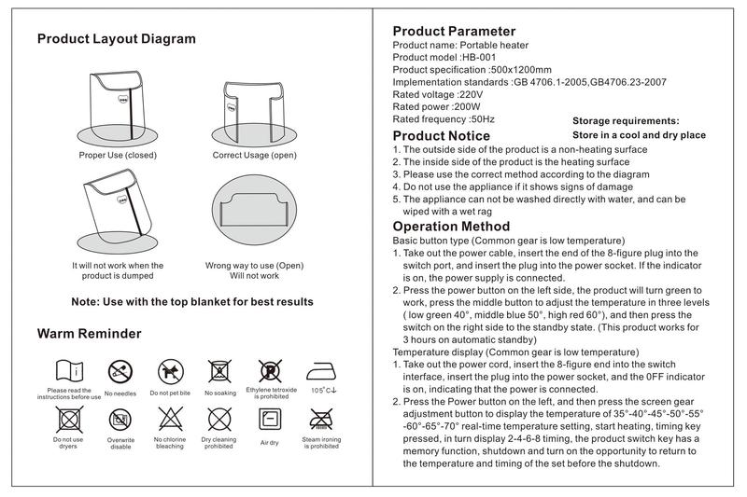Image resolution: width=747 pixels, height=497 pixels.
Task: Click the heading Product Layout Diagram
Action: pos(117,39)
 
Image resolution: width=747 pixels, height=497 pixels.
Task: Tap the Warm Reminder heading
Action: pos(90,334)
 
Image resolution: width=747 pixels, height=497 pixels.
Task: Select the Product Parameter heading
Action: pos(454,31)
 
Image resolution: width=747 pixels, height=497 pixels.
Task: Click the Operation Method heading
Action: pos(451,227)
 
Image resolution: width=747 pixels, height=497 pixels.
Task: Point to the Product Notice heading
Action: pos(441,136)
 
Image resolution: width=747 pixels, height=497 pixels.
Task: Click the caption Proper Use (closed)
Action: pos(118,155)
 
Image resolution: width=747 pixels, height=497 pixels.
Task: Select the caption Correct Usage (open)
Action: pos(255,155)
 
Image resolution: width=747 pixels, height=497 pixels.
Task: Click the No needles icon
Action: pos(120,370)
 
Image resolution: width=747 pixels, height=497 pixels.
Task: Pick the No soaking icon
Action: pos(220,370)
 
